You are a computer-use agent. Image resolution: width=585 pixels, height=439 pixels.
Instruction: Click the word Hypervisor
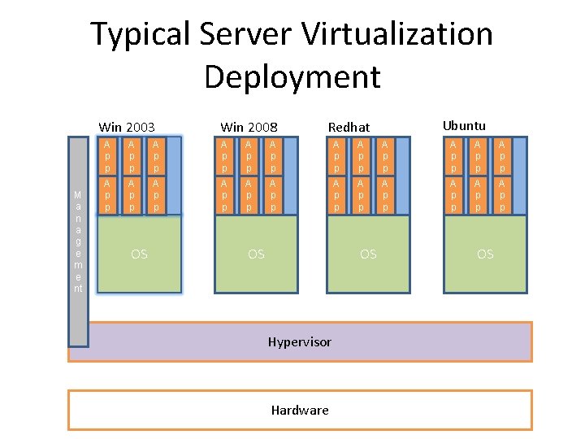tap(300, 341)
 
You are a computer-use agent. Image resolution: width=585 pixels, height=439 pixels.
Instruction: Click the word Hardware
tap(300, 410)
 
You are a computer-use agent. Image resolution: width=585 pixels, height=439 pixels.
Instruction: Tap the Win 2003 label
tap(127, 127)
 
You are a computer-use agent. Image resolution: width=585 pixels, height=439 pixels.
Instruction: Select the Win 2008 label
tap(249, 127)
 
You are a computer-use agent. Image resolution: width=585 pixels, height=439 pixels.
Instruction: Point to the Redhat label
tap(349, 127)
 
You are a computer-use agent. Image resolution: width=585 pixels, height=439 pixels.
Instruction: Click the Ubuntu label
tap(464, 125)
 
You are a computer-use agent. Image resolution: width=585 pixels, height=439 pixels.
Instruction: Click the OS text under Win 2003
tap(140, 254)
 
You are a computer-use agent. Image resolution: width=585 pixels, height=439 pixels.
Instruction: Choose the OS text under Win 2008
tap(256, 254)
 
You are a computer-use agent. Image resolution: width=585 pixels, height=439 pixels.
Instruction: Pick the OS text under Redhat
tap(368, 254)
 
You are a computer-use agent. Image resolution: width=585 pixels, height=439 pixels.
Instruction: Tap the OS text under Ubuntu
tap(485, 254)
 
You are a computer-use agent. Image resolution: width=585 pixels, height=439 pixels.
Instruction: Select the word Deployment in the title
tap(292, 77)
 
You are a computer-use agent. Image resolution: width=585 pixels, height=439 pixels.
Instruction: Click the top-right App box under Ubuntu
tap(503, 155)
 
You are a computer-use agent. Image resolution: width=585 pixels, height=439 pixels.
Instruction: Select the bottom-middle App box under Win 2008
tap(249, 195)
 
